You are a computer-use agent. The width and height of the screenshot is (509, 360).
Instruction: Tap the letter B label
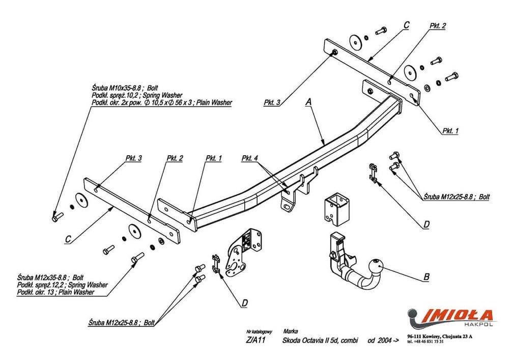pos(426,278)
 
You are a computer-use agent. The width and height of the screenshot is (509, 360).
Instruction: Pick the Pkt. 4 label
pos(250,158)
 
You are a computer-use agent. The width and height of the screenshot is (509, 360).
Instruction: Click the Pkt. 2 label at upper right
pos(437,25)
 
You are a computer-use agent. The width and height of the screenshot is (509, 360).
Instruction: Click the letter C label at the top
pos(406,24)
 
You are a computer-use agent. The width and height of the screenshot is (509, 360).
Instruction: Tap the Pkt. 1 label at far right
pos(450,131)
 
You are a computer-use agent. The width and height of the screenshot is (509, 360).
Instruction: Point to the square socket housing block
pos(335,209)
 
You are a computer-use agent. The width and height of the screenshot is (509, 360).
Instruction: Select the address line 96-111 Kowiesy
pos(440,337)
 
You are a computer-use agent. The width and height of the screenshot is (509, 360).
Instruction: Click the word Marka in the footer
pos(290,331)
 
